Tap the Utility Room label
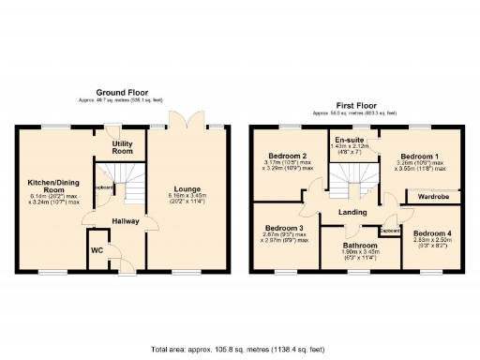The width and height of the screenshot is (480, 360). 123,147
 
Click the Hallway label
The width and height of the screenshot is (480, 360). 127,220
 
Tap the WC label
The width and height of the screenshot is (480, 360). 96,250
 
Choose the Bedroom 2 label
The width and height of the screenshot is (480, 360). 286,156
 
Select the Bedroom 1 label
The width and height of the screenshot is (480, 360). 417,157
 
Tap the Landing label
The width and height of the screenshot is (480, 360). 353,213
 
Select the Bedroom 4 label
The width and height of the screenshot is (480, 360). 431,232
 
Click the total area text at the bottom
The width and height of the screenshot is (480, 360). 238,350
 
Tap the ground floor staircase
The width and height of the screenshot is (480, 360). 117,182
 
